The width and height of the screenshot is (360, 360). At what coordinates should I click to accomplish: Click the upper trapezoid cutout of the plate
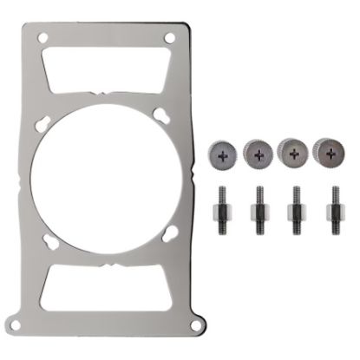click(107, 67)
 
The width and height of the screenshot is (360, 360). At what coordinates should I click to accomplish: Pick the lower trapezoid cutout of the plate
click(107, 287)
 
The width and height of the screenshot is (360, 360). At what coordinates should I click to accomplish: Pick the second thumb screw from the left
click(259, 154)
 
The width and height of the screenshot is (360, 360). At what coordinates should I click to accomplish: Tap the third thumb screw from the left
click(294, 154)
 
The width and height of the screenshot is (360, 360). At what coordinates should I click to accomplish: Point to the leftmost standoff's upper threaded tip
click(223, 193)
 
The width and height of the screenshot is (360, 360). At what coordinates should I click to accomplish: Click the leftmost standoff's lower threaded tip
click(223, 227)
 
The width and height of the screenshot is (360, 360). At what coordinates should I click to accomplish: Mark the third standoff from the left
click(296, 211)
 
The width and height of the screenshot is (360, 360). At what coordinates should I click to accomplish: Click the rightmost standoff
click(331, 211)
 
